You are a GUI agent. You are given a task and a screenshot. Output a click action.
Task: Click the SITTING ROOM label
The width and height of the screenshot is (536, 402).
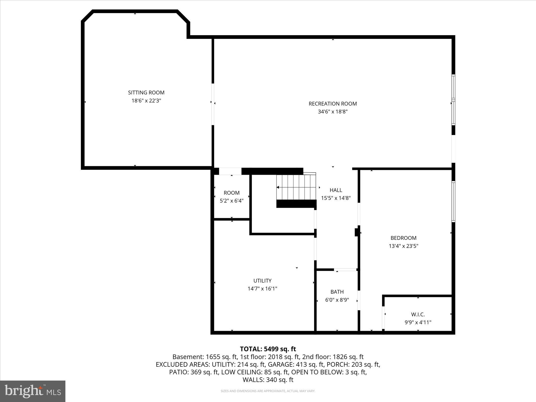coord(146,92)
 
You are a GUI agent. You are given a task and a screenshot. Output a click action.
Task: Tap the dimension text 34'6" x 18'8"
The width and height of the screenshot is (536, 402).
coord(333,112)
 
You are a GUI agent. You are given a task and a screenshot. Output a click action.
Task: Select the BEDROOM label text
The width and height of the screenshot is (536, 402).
coord(403,238)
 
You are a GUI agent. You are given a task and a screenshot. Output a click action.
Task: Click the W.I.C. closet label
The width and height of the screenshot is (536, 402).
coord(418,314)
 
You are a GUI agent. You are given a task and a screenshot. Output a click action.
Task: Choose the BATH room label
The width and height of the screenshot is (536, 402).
coord(337,292)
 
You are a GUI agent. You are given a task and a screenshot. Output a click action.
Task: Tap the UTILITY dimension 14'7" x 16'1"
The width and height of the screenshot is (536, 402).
coord(262,289)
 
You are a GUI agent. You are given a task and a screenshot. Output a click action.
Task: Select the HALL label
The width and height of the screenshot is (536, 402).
coord(336,190)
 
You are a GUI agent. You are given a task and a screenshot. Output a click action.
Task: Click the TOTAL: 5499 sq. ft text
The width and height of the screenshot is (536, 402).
coord(268,349)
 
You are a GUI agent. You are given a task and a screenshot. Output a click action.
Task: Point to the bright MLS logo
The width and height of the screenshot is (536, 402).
coord(33,391)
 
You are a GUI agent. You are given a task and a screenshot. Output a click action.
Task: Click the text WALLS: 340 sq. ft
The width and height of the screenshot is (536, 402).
coord(268,380)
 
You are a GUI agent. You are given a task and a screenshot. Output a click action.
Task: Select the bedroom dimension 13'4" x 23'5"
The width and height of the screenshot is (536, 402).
coord(403,246)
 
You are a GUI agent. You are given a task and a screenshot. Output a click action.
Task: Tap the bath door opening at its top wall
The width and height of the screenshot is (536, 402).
coord(345,270)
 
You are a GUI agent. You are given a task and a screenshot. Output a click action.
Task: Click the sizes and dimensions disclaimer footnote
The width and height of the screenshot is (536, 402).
coord(268,391)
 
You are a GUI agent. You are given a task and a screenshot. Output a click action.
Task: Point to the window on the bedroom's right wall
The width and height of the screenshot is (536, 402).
coord(453,202)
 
